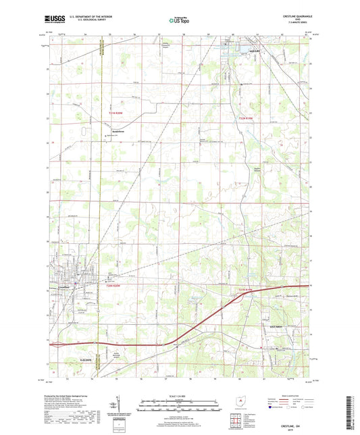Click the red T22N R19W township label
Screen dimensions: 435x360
pyautogui.click(x=248, y=120)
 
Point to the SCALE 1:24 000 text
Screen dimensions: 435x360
pyautogui.click(x=180, y=395)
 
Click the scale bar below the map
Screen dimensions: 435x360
pyautogui.click(x=180, y=407)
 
